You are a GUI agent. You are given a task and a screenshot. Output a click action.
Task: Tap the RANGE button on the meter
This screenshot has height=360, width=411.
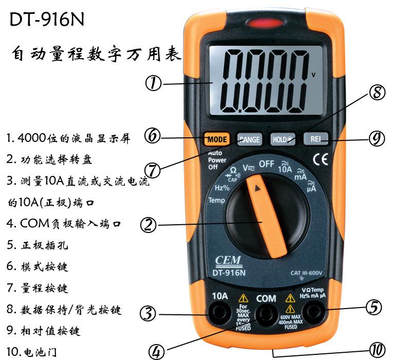[249, 139]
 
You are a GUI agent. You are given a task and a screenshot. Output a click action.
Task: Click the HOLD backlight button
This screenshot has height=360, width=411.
[283, 139]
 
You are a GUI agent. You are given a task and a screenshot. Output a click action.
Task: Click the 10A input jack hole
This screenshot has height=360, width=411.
[220, 313]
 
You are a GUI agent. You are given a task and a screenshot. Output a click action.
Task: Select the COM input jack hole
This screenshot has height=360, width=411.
[266, 313]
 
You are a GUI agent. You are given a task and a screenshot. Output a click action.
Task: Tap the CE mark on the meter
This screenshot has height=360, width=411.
[321, 160]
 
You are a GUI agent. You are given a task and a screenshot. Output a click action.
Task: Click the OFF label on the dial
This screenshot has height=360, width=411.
[266, 164]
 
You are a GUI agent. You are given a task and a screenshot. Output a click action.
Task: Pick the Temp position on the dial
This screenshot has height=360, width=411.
[216, 201]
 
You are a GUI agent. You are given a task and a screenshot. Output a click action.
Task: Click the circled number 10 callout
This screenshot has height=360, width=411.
[377, 351]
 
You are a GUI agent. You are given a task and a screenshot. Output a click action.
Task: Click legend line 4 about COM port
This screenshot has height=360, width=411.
[64, 224]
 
